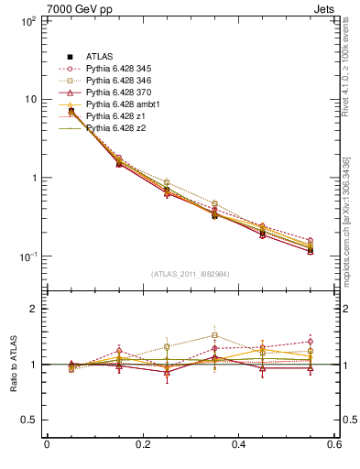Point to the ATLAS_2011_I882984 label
pyautogui.click(x=190, y=274)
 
